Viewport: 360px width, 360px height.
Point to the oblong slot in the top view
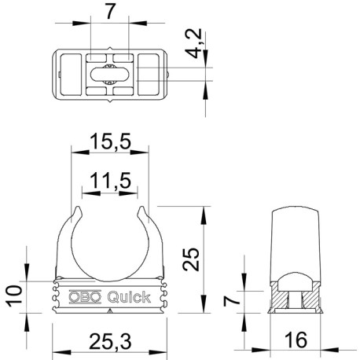click(109, 75)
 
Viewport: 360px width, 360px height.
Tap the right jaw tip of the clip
click(141, 211)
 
